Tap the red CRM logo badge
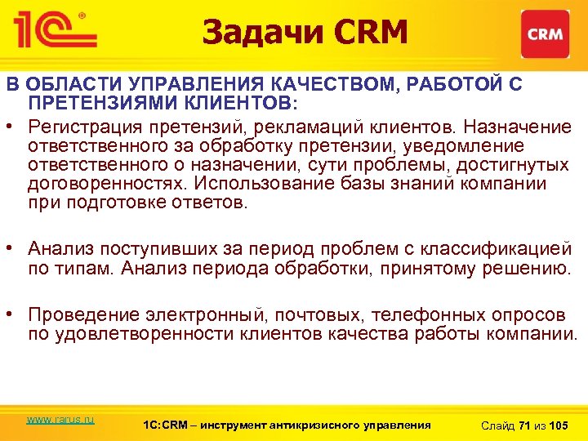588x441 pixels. [545, 34]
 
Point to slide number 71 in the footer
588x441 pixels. [524, 425]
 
